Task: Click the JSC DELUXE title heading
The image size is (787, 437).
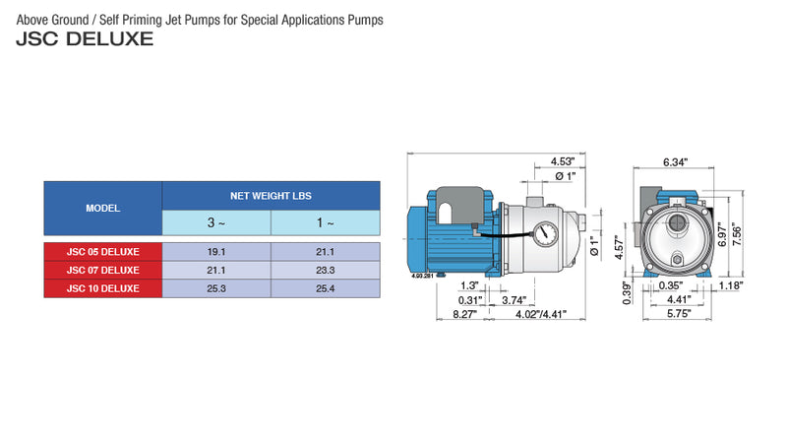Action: (85, 40)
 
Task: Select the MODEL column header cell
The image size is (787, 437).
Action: (102, 209)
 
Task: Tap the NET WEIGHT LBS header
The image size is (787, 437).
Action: (271, 196)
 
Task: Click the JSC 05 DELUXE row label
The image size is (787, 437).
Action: (102, 251)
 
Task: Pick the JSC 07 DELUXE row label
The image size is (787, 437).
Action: (102, 270)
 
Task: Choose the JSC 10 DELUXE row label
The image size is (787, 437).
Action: (102, 288)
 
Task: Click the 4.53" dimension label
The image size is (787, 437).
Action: (562, 161)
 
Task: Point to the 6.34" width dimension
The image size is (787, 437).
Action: (675, 161)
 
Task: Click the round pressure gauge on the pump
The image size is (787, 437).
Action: (545, 236)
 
